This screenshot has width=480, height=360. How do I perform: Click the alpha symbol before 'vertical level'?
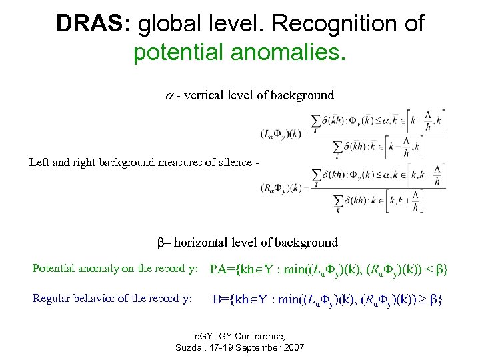(x=169, y=95)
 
